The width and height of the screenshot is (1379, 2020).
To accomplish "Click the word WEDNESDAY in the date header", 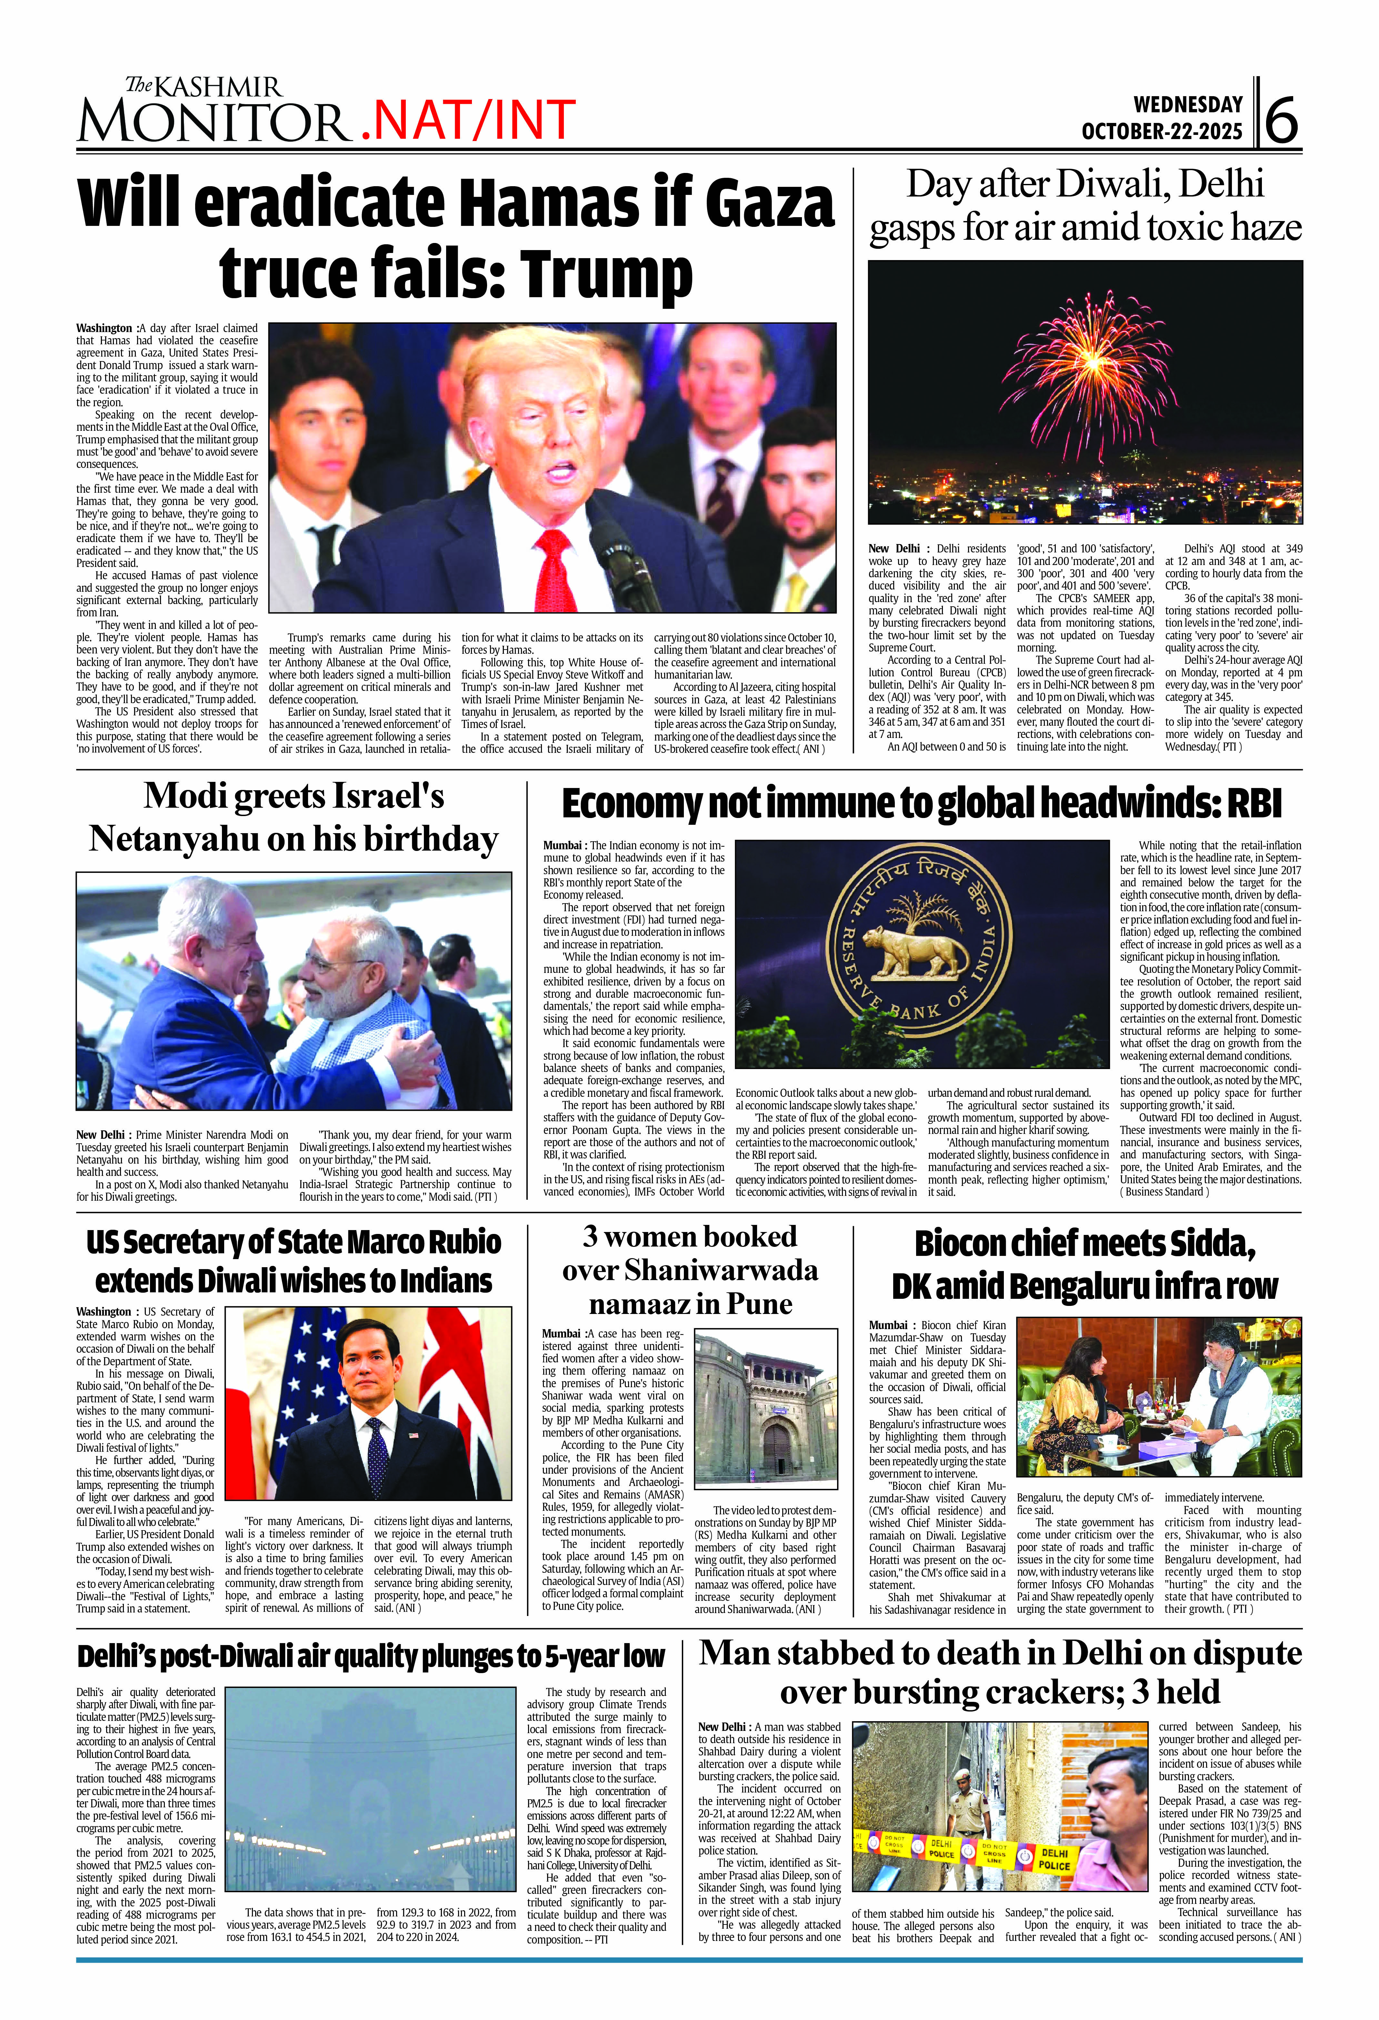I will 1188,104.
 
